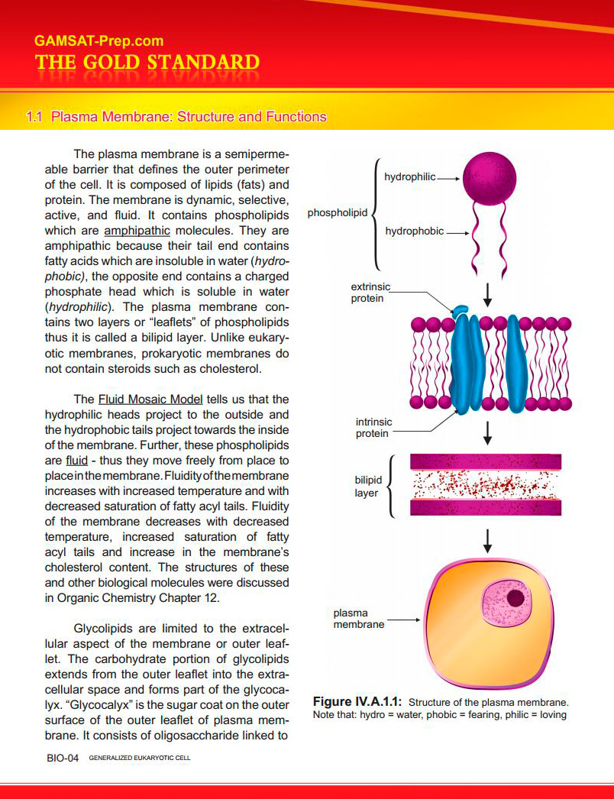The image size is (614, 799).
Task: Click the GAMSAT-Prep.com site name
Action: pyautogui.click(x=99, y=40)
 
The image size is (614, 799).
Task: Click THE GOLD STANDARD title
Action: pyautogui.click(x=147, y=63)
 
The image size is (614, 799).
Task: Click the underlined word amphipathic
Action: pyautogui.click(x=137, y=231)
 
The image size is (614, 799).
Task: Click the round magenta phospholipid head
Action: pyautogui.click(x=490, y=178)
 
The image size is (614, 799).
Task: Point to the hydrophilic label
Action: pyautogui.click(x=409, y=176)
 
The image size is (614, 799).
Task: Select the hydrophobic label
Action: pyautogui.click(x=414, y=231)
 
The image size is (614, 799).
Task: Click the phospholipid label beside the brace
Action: pyautogui.click(x=338, y=213)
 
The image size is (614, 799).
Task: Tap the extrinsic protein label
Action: pyautogui.click(x=370, y=293)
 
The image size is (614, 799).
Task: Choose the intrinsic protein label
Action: pyautogui.click(x=373, y=428)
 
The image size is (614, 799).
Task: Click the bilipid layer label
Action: pyautogui.click(x=368, y=486)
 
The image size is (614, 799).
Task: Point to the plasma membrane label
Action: pyautogui.click(x=359, y=619)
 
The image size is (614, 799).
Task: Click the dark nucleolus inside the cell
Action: pyautogui.click(x=515, y=597)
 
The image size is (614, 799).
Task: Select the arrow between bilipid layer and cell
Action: pyautogui.click(x=488, y=541)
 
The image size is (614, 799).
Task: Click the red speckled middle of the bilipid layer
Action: pyautogui.click(x=486, y=484)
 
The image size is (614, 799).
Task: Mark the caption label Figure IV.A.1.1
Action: pyautogui.click(x=357, y=702)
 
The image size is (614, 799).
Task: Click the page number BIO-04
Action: pyautogui.click(x=63, y=759)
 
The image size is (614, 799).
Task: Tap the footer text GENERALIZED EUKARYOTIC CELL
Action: pyautogui.click(x=140, y=759)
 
